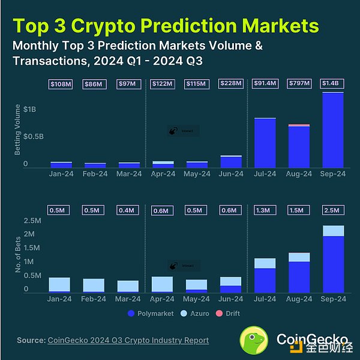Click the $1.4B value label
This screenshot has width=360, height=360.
333,84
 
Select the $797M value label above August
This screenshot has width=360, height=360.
299,84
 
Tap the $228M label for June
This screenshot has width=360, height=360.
230,84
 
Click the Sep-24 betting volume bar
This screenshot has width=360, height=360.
333,130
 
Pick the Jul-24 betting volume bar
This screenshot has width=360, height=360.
265,143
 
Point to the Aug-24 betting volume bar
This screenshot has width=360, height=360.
299,146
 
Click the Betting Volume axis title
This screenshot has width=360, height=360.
17,129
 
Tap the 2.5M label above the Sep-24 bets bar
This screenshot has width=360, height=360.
333,210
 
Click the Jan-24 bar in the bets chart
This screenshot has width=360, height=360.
59,284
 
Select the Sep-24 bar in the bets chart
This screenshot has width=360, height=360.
333,259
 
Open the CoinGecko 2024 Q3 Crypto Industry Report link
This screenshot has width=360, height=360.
127,340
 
